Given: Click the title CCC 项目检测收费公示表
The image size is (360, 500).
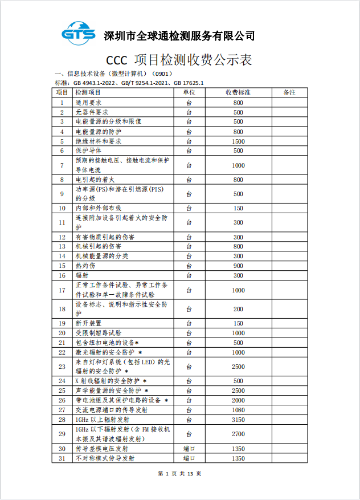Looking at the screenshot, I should tap(179, 60).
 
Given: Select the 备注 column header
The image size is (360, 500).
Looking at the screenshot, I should tap(289, 92).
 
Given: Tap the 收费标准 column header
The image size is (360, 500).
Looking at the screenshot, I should tap(238, 92).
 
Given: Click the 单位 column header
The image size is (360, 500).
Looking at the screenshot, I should tap(189, 92).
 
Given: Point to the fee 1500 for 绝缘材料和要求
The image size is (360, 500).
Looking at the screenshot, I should tap(238, 141).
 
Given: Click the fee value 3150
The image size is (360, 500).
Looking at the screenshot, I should tap(238, 420).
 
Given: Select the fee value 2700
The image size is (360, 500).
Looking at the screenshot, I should tap(238, 434).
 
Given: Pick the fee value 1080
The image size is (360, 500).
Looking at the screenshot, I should tap(238, 410).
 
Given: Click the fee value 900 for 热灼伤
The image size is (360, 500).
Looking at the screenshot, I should tap(238, 266).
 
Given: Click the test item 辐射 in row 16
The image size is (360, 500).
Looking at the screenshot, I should tap(81, 275).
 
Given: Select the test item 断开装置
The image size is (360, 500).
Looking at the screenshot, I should tap(88, 323).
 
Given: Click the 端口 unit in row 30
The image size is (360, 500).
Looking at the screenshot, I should tap(189, 449).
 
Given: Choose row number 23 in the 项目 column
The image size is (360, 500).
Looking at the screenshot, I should tap(62, 366).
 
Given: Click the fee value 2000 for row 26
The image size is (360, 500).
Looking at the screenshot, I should tap(238, 400).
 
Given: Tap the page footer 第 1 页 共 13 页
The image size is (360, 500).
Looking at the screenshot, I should tap(179, 473).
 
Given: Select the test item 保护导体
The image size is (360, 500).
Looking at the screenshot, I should tap(88, 151).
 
